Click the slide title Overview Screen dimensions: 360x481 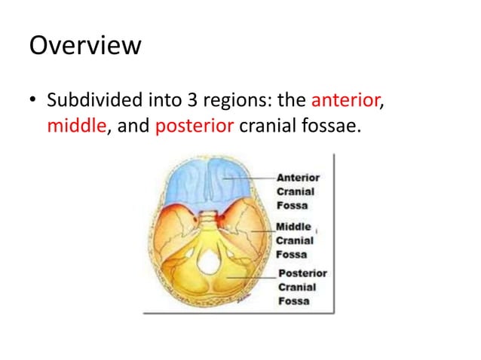click(x=84, y=46)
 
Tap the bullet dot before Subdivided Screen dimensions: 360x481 click(x=32, y=100)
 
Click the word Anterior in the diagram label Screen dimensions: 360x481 click(x=299, y=178)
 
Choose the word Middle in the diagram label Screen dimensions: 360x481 click(x=293, y=227)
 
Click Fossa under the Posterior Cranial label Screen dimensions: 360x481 click(x=294, y=301)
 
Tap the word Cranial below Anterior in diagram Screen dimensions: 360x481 click(x=296, y=191)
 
